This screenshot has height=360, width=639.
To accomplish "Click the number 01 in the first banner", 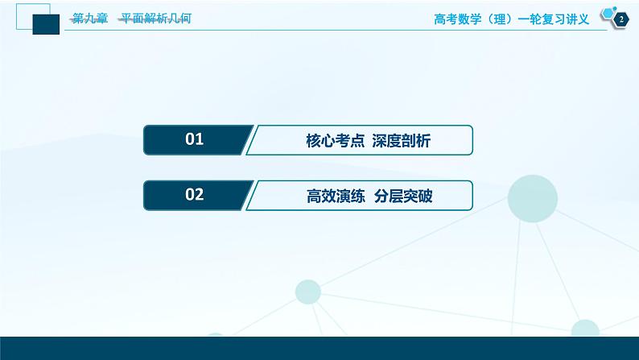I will (x=194, y=140).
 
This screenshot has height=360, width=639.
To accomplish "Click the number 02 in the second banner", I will (x=194, y=194).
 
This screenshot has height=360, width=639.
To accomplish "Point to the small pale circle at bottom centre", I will (x=309, y=292).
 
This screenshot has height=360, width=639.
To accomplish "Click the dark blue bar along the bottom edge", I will (x=319, y=348).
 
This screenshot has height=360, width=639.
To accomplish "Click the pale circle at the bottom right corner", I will (x=585, y=331).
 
